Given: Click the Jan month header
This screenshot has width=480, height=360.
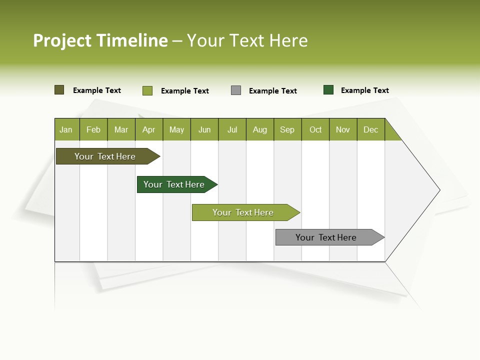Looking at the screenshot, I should (66, 129).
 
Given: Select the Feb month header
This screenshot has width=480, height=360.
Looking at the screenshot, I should (93, 129).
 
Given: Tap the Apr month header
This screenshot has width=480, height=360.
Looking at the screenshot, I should (148, 129).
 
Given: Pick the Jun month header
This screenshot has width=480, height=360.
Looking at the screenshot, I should (204, 129).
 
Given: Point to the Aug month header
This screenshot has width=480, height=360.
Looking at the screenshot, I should (259, 129).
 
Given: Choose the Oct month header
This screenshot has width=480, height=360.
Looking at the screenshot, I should (315, 129).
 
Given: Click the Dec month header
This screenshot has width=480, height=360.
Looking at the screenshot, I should (370, 129).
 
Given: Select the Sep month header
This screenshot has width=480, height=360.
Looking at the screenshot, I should (287, 129).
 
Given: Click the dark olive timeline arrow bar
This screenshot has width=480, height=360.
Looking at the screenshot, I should (105, 156).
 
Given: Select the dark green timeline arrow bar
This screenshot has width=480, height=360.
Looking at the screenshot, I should (174, 184).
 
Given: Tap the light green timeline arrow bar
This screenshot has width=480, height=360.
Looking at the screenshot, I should (243, 212).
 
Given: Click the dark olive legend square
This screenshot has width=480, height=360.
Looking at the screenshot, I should (59, 90).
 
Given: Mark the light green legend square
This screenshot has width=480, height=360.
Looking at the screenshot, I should (147, 90).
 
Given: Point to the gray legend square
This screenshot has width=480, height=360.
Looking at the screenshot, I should (236, 90).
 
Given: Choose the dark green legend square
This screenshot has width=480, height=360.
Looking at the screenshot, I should (328, 90).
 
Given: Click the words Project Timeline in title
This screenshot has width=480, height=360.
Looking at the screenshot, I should (100, 40).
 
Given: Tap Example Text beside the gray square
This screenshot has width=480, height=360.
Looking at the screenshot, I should (273, 91).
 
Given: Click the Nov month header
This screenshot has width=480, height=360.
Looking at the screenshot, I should (343, 129).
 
